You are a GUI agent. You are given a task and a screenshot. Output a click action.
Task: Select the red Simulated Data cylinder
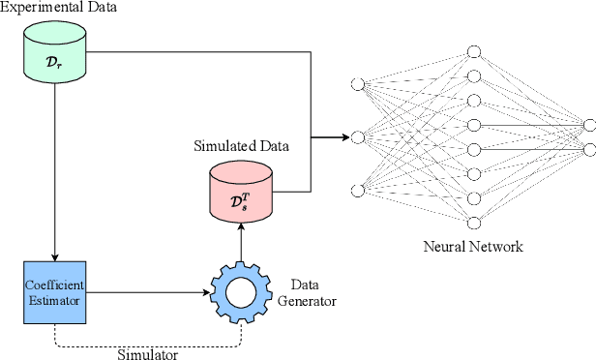tap(241, 192)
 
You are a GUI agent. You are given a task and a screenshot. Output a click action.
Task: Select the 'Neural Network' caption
tap(473, 247)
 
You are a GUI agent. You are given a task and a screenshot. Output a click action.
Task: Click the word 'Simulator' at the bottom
tap(147, 353)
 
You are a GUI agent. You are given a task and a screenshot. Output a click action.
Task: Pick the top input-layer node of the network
tap(358, 85)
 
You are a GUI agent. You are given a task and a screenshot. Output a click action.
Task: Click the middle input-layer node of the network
tap(358, 137)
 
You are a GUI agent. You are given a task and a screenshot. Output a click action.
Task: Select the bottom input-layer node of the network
tap(358, 190)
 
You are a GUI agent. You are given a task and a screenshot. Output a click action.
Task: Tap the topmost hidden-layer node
tap(473, 51)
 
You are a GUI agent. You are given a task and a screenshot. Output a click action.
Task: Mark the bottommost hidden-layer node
tap(473, 221)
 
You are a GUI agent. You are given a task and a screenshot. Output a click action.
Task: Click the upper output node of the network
tap(587, 124)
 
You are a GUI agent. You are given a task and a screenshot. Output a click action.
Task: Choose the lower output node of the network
tap(587, 149)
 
